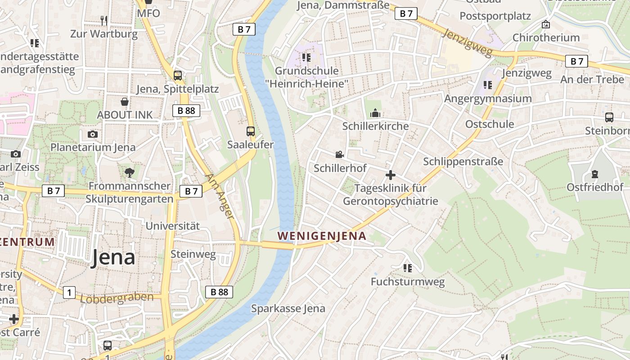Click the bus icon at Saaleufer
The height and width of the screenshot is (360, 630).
click(251, 131)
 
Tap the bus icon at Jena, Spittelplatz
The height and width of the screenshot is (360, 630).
click(178, 75)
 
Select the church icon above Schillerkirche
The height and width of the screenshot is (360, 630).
click(375, 113)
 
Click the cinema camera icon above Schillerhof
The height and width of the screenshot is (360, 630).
click(339, 155)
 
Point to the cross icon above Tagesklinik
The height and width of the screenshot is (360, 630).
click(391, 175)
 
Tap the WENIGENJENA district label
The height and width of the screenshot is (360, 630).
click(322, 236)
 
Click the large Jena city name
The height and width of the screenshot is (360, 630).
click(113, 257)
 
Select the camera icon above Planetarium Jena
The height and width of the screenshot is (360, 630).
click(93, 134)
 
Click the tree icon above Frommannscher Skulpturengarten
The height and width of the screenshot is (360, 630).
click(130, 172)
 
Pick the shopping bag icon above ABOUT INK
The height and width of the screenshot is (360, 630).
click(125, 102)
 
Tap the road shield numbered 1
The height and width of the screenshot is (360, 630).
click(69, 292)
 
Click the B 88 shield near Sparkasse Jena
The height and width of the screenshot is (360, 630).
click(220, 292)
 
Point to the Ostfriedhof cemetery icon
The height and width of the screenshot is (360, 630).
click(595, 174)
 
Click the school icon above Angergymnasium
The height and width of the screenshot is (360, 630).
click(488, 85)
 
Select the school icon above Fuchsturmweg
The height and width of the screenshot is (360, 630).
click(408, 268)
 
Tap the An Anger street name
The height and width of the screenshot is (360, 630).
click(220, 197)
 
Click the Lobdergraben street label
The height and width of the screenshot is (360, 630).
click(117, 298)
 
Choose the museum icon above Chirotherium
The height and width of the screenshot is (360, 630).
click(546, 24)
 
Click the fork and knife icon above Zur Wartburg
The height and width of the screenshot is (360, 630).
click(104, 20)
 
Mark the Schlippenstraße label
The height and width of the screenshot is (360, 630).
click(463, 162)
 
